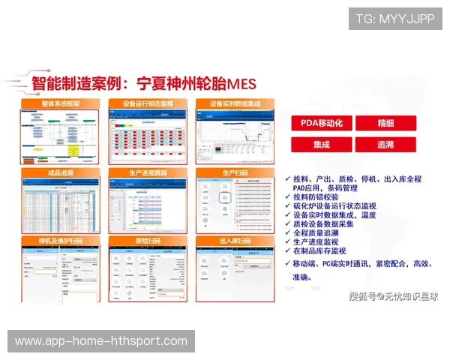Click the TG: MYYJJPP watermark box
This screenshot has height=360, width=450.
pyautogui.click(x=395, y=18)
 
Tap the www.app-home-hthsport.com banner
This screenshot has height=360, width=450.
pyautogui.click(x=101, y=341)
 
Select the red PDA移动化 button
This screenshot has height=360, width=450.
pyautogui.click(x=321, y=123)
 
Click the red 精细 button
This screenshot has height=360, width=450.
pyautogui.click(x=385, y=123)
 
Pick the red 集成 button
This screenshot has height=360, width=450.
pyautogui.click(x=321, y=144)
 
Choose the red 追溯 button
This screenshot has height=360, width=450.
pyautogui.click(x=385, y=144)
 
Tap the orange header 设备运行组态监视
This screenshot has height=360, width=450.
pyautogui.click(x=148, y=103)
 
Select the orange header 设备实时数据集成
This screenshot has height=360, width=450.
pyautogui.click(x=235, y=103)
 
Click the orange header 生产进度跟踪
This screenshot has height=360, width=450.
pyautogui.click(x=148, y=173)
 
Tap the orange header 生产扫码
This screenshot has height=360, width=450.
pyautogui.click(x=235, y=173)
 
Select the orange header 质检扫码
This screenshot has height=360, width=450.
pyautogui.click(x=148, y=241)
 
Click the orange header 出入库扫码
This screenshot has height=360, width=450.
pyautogui.click(x=235, y=241)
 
